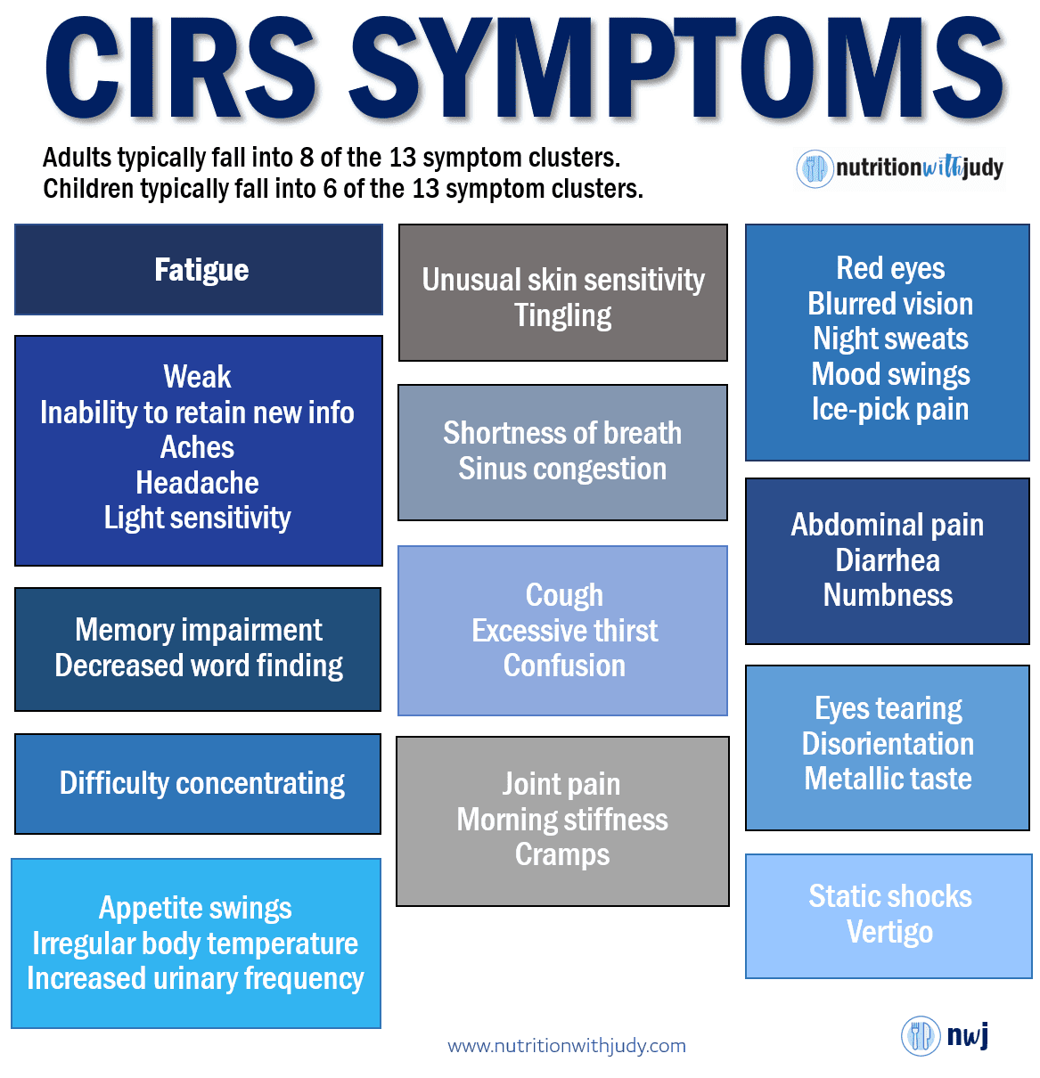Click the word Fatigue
point(201,270)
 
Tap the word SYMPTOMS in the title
point(677,69)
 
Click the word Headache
point(197,483)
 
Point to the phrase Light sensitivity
point(197,518)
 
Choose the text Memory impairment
point(199,630)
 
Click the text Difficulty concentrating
point(202,783)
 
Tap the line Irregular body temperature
point(195,943)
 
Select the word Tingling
point(562,315)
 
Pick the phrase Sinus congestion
point(562,469)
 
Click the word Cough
point(564,595)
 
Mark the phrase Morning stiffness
point(562,820)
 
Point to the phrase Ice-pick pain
point(889,409)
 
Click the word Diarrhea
point(888,560)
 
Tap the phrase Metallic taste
point(888,779)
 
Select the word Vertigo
point(889,932)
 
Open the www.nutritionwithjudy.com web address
point(567,1046)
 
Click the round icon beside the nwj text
point(921,1036)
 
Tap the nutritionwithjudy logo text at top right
point(919,167)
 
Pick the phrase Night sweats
point(890,339)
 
